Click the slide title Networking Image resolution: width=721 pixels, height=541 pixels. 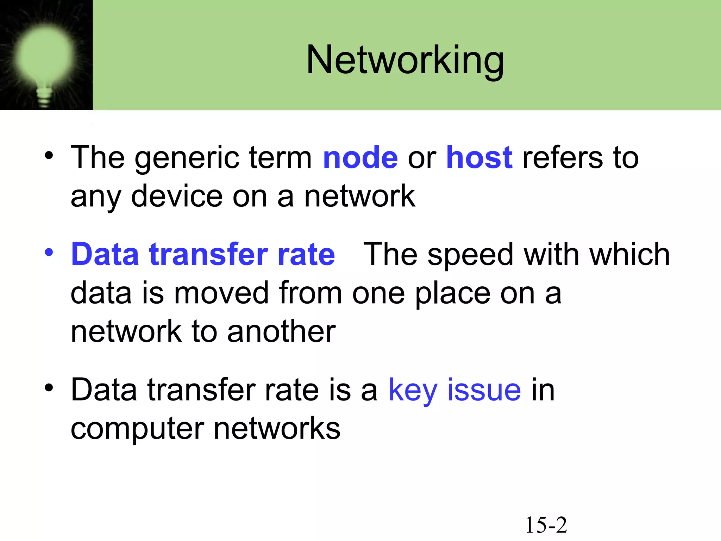pyautogui.click(x=405, y=61)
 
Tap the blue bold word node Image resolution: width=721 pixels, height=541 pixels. pyautogui.click(x=360, y=158)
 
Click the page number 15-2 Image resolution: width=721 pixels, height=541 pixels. pyautogui.click(x=546, y=525)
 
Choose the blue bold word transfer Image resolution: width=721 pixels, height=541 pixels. pyautogui.click(x=208, y=254)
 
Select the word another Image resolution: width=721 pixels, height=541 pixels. pyautogui.click(x=281, y=332)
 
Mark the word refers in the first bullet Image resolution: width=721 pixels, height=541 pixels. pyautogui.click(x=562, y=158)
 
